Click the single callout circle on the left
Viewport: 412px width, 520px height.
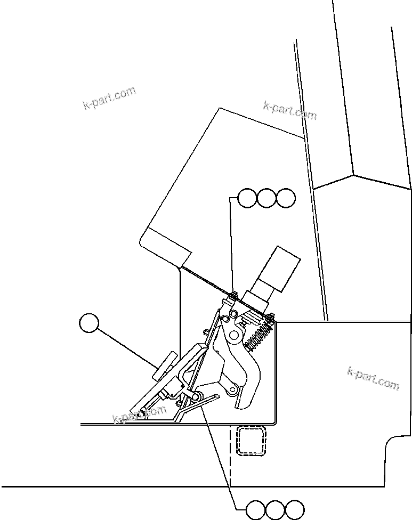tap(89, 323)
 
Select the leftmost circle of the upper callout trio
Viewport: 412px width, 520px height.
tap(247, 198)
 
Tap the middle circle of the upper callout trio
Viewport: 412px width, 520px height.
tap(266, 198)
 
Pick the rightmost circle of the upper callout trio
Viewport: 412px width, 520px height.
tap(285, 198)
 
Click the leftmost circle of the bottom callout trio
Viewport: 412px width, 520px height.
tap(256, 510)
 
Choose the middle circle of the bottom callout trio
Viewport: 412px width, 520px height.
tap(276, 510)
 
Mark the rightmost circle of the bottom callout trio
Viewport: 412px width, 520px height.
tap(295, 510)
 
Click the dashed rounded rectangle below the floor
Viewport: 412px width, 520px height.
tap(251, 441)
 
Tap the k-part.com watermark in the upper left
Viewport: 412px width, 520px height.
tap(109, 99)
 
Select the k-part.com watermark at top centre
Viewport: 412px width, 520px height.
tap(290, 111)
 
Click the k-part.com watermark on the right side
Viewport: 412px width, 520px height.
tap(373, 378)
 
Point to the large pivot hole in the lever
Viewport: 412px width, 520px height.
tap(233, 335)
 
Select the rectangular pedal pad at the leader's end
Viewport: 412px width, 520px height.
tap(165, 366)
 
